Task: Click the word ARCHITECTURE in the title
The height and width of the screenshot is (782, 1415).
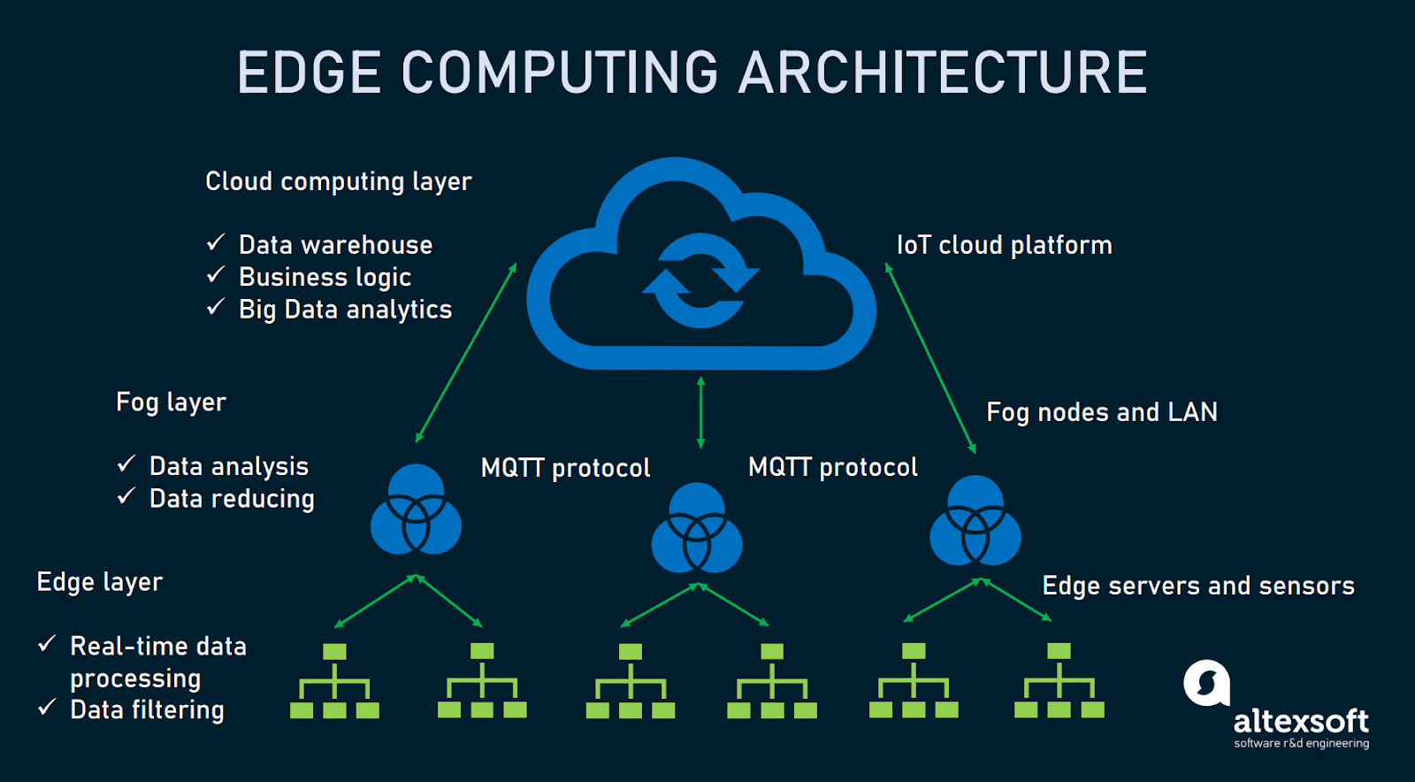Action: click(942, 73)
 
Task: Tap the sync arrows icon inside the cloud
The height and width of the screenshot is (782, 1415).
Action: click(700, 280)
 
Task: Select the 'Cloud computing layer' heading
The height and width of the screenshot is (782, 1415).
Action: click(338, 181)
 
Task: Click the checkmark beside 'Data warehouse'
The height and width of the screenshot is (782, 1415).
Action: click(216, 242)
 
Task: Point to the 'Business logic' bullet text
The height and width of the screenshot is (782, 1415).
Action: click(325, 277)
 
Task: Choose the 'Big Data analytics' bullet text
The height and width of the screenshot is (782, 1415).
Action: click(345, 310)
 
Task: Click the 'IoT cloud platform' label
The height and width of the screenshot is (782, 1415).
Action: click(1004, 245)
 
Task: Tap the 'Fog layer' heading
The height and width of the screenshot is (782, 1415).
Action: click(171, 402)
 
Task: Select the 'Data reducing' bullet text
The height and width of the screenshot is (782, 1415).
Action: click(232, 499)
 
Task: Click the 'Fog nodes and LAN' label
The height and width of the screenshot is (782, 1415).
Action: click(1101, 412)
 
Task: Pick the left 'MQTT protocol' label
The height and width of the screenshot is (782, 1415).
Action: click(565, 468)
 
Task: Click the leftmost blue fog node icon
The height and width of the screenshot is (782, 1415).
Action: click(416, 510)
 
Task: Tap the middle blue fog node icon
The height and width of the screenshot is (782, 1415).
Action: click(697, 528)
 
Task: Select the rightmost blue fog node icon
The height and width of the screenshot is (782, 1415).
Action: click(975, 521)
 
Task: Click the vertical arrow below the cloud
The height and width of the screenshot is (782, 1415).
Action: click(700, 412)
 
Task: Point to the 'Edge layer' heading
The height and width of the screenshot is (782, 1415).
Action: click(100, 582)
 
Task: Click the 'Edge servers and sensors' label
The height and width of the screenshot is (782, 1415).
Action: click(1197, 586)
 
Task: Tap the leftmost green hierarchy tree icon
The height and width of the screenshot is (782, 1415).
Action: click(334, 681)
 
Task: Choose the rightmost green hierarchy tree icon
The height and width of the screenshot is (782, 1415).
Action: click(1059, 681)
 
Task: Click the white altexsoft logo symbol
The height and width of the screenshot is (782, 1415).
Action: click(1206, 683)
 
